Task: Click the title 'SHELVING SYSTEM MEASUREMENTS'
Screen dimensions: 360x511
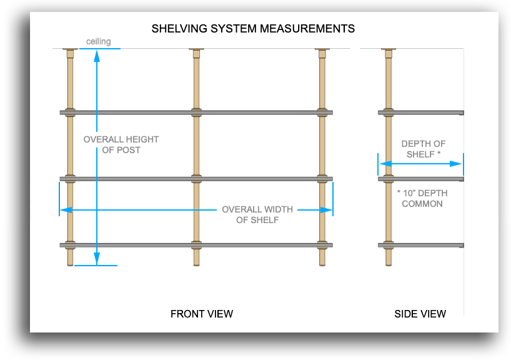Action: (254, 29)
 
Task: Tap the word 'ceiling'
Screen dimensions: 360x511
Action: (99, 42)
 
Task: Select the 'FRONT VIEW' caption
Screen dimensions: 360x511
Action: (202, 314)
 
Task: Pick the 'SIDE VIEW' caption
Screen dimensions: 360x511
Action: (420, 314)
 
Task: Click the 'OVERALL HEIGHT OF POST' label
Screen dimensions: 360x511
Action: (121, 144)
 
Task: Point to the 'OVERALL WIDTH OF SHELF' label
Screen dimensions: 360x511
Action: (257, 214)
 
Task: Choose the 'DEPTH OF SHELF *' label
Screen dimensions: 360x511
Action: (424, 149)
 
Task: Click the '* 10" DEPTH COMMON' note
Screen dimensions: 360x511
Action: (422, 198)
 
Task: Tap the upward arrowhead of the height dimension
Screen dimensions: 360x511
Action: (97, 56)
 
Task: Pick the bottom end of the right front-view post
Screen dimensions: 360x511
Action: (322, 262)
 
